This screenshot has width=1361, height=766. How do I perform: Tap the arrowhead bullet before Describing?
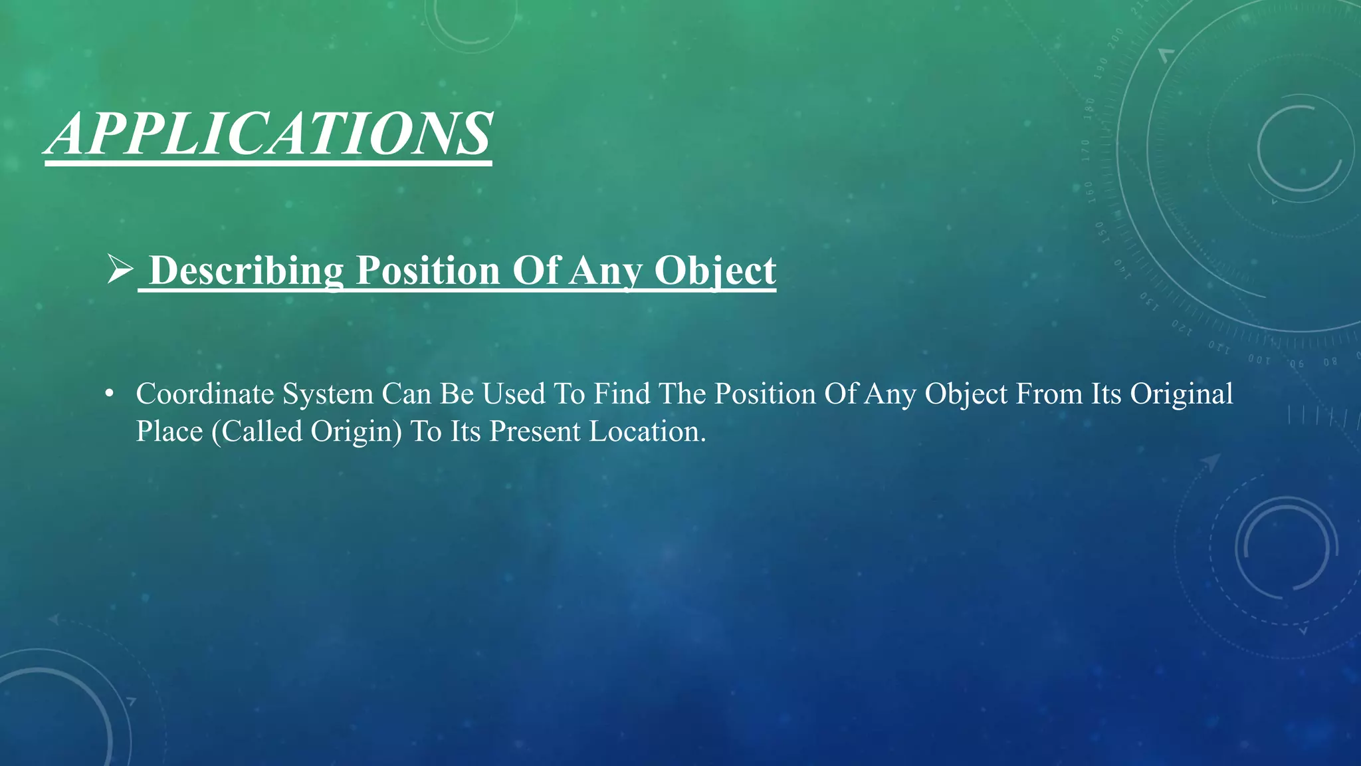[120, 269]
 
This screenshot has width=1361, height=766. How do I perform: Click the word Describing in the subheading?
[246, 271]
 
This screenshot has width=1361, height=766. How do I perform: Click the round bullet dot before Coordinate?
[110, 394]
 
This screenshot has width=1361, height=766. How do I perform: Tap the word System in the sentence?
[328, 394]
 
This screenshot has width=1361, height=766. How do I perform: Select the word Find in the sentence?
[622, 394]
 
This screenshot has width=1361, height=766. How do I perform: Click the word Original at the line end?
[1182, 394]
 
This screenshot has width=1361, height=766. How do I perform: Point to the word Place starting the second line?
[169, 432]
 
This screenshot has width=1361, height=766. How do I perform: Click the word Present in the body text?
[535, 432]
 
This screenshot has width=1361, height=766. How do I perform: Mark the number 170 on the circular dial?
[1086, 150]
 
